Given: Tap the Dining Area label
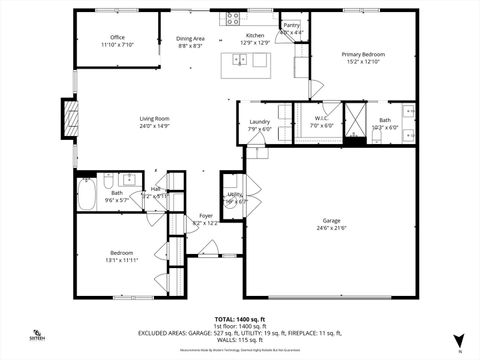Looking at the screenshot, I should (190, 38).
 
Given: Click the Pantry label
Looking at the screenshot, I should (291, 26).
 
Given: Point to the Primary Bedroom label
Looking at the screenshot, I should (363, 54).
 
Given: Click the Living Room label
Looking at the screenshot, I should (154, 119).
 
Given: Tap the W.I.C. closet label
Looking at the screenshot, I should (320, 120).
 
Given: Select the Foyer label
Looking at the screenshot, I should (205, 216).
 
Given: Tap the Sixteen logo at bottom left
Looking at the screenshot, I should (37, 335).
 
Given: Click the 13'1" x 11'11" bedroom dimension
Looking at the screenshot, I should (121, 260).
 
